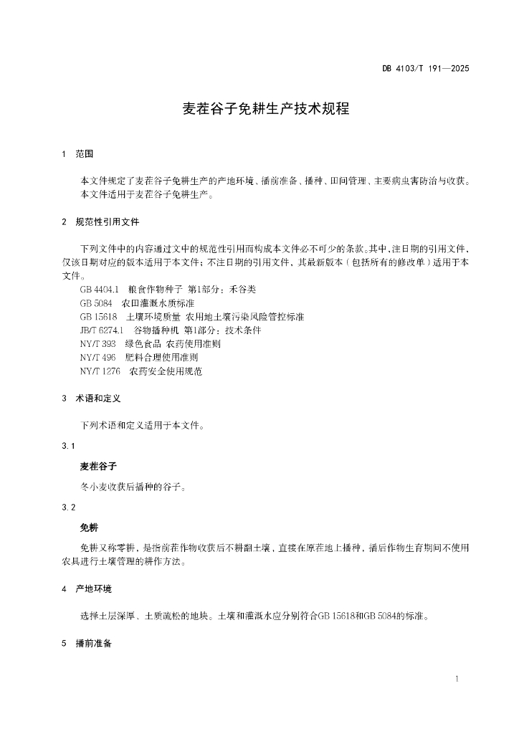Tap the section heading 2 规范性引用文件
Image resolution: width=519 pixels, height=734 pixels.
[x=101, y=222]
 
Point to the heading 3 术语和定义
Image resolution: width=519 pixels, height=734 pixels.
[x=92, y=398]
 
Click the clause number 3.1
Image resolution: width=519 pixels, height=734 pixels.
[x=69, y=447]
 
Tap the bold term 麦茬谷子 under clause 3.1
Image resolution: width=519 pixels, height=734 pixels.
[x=98, y=467]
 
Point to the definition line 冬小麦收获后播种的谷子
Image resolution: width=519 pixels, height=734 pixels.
[x=134, y=487]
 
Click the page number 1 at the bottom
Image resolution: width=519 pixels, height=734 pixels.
[x=457, y=678]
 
